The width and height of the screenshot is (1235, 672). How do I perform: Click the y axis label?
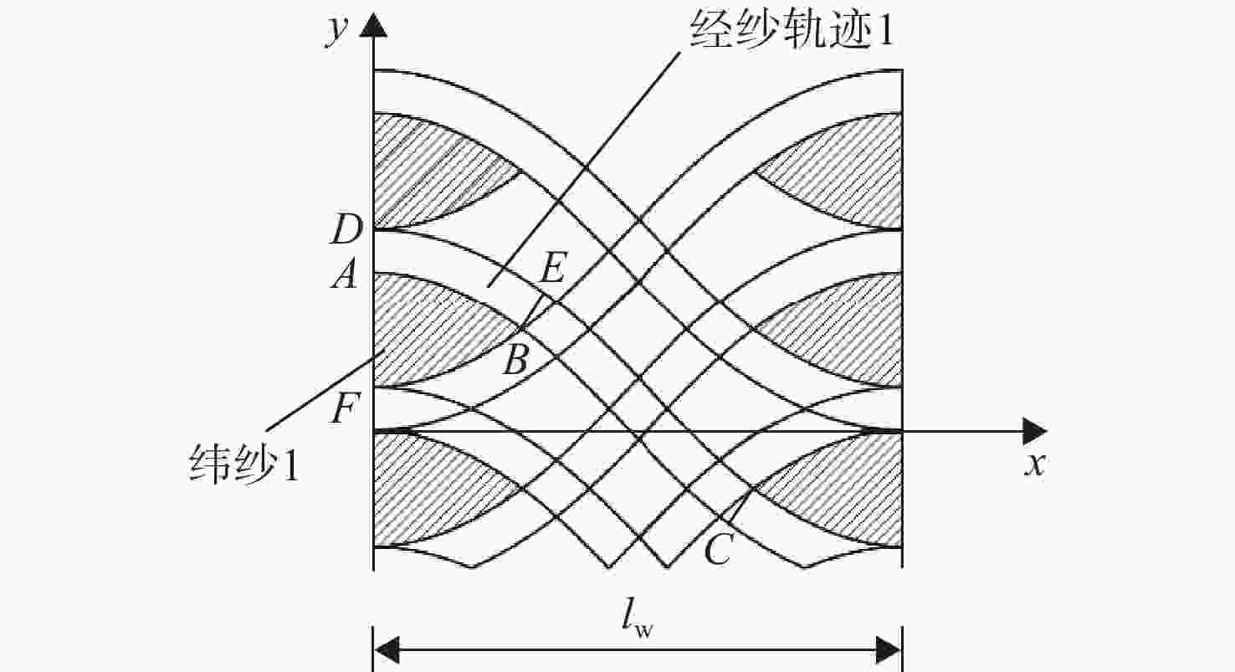click(336, 32)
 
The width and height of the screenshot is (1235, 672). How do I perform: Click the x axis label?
click(1035, 464)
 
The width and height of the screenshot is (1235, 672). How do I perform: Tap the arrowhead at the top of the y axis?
click(373, 25)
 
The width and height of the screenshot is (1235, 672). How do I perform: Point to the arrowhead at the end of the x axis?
click(1035, 431)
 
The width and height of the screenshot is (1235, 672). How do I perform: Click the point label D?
click(346, 229)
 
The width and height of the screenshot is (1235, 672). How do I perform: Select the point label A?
click(345, 274)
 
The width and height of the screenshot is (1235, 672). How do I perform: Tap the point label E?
click(552, 268)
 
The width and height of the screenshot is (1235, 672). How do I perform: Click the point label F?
click(346, 408)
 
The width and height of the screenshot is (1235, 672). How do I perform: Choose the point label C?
click(719, 550)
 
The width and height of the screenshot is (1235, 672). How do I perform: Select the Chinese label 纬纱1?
click(243, 464)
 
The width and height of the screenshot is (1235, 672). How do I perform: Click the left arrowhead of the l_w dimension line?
click(386, 649)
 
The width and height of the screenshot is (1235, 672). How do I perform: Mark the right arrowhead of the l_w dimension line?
click(889, 649)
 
